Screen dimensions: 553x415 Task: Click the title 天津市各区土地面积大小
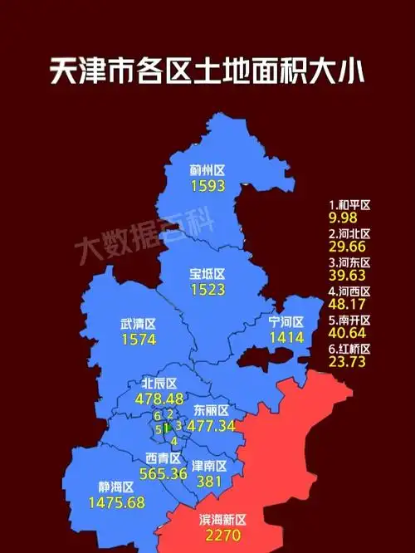point(207,73)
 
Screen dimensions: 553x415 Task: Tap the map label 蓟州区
point(207,171)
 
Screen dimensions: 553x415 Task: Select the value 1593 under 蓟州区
point(207,186)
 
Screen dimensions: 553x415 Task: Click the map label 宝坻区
point(207,273)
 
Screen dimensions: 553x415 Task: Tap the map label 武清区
point(139,324)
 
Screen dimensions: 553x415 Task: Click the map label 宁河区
point(287,321)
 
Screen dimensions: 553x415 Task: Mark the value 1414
point(287,337)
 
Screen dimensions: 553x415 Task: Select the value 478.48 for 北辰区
point(159,399)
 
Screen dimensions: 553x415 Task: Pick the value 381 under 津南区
point(208,482)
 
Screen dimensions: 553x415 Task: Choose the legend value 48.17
point(348,305)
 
